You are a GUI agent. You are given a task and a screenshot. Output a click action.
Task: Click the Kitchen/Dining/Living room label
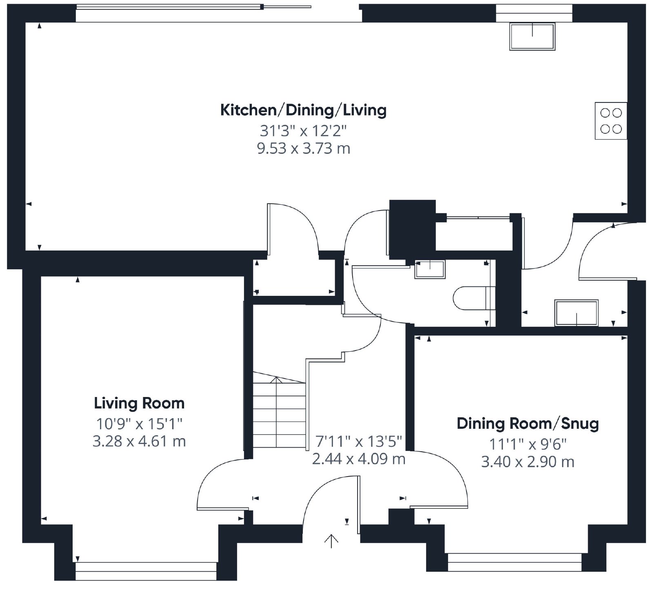pos(303,110)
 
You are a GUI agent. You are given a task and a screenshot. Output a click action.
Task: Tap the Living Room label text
pos(139,404)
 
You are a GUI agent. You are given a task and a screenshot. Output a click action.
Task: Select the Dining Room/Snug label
pos(528,424)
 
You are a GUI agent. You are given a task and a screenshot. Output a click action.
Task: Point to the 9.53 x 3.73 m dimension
pos(303,149)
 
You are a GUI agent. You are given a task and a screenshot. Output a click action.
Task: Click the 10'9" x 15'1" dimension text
pos(139,424)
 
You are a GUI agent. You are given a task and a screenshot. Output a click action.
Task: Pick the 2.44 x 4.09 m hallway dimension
pos(359,459)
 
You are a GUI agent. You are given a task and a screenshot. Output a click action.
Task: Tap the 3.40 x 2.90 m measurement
pos(528,462)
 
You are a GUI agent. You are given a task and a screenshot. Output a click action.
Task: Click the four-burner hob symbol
pos(611,121)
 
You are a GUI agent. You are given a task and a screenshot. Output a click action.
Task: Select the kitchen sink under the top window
pos(532,36)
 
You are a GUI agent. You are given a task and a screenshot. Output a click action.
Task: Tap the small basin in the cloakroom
pos(430,269)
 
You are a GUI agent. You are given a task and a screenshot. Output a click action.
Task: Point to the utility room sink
pos(576,313)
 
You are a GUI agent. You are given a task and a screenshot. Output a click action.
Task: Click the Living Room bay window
pos(146,571)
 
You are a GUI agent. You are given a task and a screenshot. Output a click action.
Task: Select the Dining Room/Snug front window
pos(515,562)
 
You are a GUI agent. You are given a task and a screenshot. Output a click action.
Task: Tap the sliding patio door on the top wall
pos(194,7)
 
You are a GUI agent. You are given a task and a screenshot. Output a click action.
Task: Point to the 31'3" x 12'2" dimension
pos(303,131)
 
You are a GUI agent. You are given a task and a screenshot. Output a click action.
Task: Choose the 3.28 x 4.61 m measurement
pos(139,441)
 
